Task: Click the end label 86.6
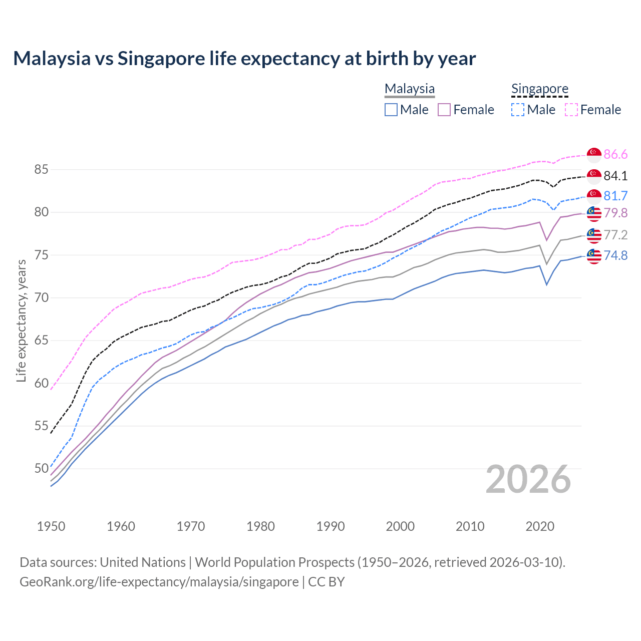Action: (615, 155)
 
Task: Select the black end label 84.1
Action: (615, 176)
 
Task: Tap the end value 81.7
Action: (615, 196)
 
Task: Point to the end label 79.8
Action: (615, 213)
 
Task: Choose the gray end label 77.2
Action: (615, 235)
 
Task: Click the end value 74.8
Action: (615, 256)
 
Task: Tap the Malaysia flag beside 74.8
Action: (594, 256)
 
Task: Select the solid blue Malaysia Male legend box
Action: (391, 110)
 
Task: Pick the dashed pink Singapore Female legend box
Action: (571, 110)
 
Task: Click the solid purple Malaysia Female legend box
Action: (444, 110)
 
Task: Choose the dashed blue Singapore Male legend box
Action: (518, 110)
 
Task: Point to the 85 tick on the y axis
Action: (41, 170)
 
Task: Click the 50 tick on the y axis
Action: (41, 469)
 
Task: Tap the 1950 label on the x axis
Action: (51, 526)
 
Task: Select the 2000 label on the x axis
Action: (400, 526)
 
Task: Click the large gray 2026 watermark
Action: (528, 479)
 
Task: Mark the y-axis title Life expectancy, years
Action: (21, 320)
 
